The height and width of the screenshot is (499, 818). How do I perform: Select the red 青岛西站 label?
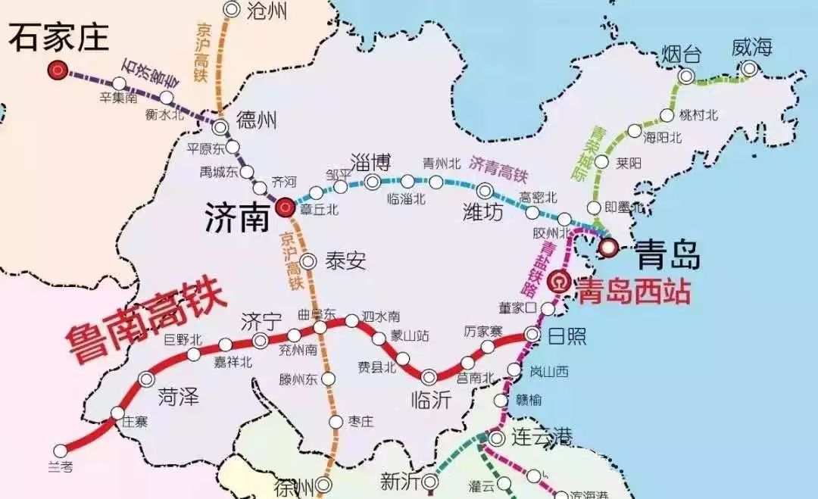[x=633, y=288]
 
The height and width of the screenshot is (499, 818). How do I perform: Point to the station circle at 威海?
[x=749, y=69]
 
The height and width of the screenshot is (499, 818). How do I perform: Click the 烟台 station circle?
[x=686, y=76]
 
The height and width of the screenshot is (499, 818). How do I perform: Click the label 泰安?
[x=345, y=261]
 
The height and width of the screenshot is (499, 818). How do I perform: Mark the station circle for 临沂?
[x=429, y=376]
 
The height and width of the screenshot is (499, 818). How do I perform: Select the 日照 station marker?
[x=532, y=334]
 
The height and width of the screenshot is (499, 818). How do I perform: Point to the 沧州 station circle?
[x=232, y=9]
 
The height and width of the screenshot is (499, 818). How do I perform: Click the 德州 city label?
[x=257, y=120]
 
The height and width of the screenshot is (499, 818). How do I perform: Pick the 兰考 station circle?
[x=61, y=451]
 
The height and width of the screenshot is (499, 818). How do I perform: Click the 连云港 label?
[x=542, y=437]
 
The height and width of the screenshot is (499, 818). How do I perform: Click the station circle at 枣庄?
[x=336, y=421]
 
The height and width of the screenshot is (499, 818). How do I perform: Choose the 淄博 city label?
[x=371, y=161]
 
